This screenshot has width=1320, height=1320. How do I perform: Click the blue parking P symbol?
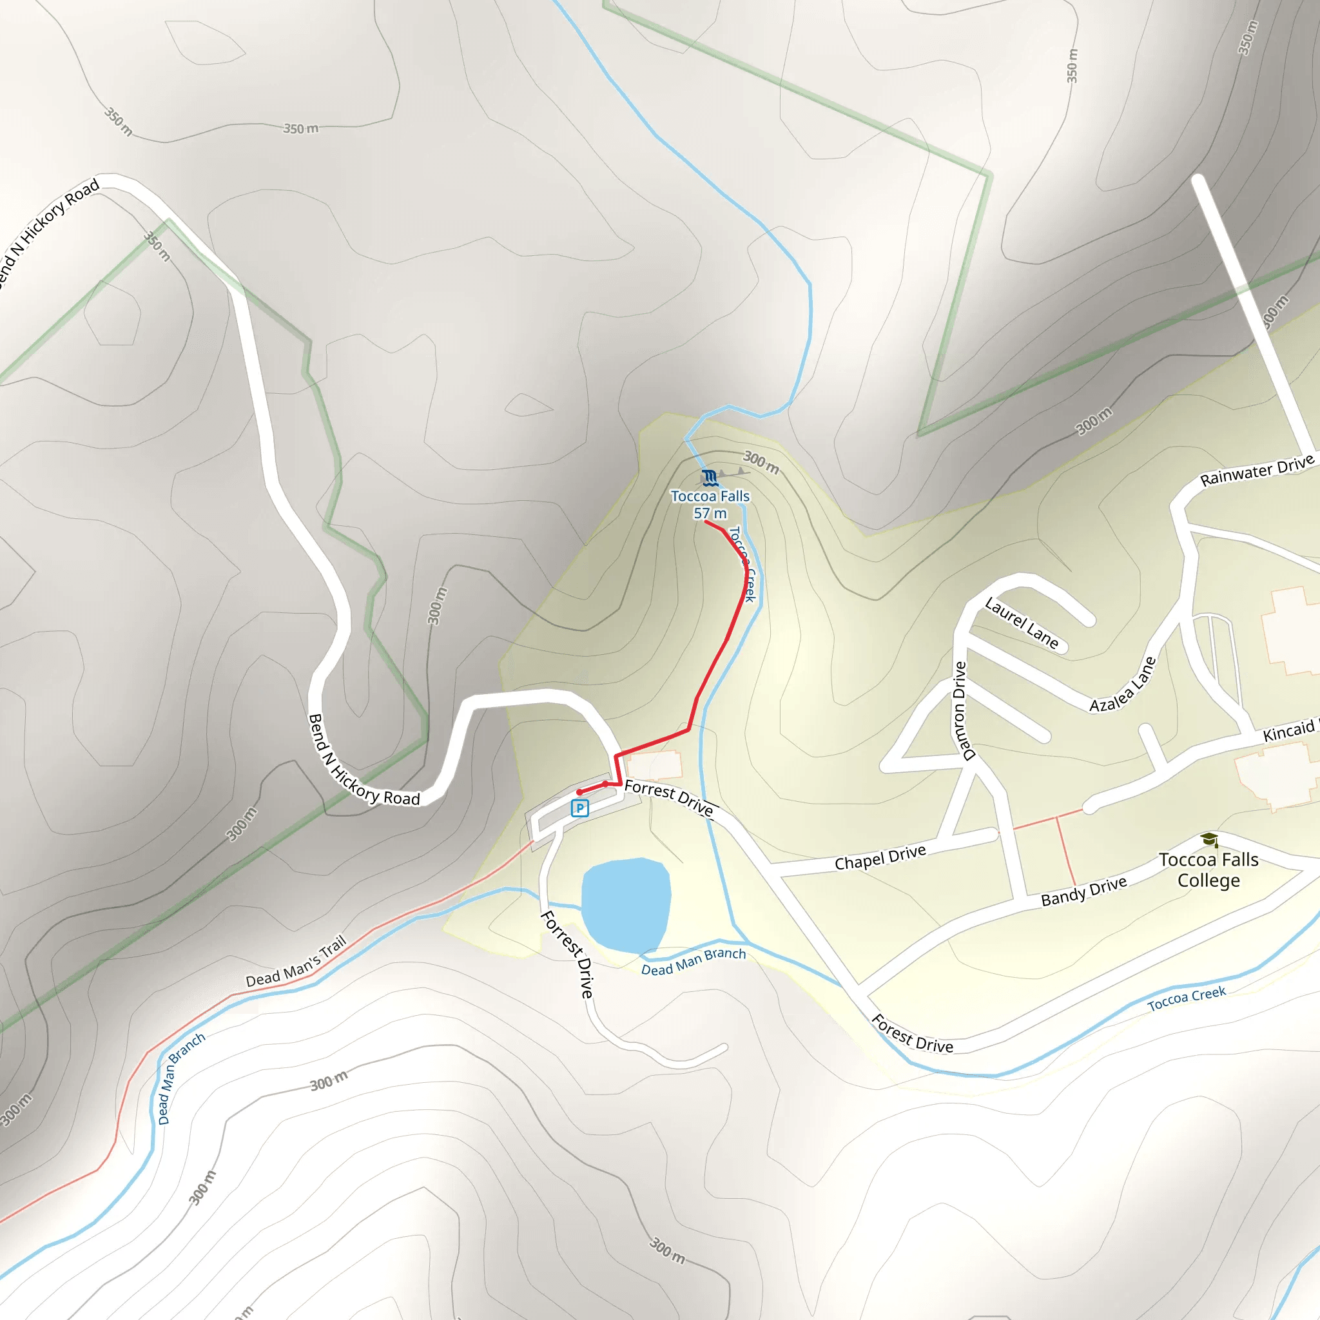(x=579, y=809)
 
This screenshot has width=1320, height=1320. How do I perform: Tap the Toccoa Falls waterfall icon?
(x=709, y=477)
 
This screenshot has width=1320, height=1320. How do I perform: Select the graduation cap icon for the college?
(x=1209, y=839)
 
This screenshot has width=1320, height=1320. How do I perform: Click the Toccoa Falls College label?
(x=1208, y=869)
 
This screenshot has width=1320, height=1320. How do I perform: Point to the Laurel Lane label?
(x=1022, y=623)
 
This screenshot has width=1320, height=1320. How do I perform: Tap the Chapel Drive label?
(x=880, y=857)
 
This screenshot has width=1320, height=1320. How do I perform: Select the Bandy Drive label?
(x=1083, y=891)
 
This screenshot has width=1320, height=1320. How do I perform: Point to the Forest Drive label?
(x=912, y=1034)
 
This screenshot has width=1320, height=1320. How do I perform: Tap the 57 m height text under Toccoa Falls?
(x=710, y=514)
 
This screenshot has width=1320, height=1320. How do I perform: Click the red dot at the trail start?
(x=579, y=793)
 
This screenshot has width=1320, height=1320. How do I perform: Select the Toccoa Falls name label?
(x=710, y=496)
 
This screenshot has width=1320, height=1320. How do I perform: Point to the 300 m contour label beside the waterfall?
(x=761, y=463)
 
